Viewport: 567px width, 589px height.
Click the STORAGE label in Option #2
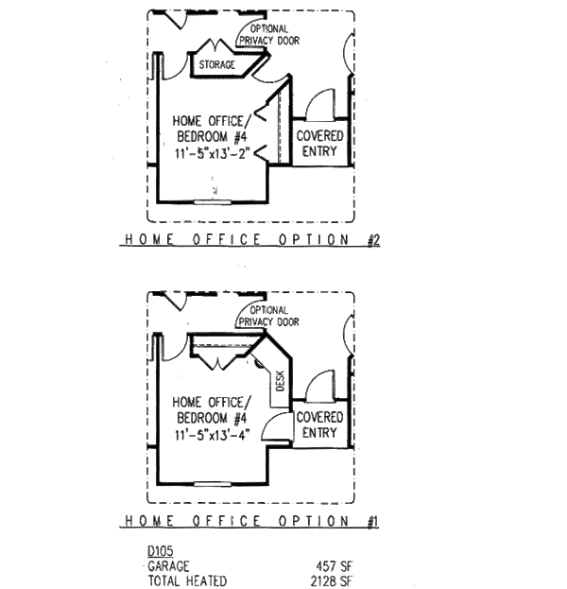(216, 64)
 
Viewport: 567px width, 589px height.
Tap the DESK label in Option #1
(280, 381)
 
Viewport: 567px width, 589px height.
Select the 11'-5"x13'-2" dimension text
(213, 153)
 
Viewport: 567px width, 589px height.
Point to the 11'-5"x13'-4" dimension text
(213, 435)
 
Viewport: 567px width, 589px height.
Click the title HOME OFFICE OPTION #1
(250, 521)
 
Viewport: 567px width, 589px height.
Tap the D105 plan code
(161, 551)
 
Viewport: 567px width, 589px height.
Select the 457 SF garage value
(334, 566)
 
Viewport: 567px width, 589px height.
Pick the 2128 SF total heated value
(331, 581)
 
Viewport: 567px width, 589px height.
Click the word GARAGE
(168, 566)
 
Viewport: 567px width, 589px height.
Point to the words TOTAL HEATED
(187, 581)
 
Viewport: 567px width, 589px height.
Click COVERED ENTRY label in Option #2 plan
(319, 144)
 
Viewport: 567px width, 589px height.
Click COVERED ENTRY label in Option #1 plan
(319, 424)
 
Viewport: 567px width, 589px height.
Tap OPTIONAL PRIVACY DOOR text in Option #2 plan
(269, 35)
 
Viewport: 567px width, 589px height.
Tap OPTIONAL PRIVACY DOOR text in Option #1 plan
(269, 316)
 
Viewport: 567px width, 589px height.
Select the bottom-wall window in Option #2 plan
(213, 202)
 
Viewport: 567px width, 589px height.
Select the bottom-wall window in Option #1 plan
(213, 484)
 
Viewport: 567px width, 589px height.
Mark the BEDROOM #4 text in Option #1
(212, 418)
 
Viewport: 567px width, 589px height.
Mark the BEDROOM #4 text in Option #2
(212, 136)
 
